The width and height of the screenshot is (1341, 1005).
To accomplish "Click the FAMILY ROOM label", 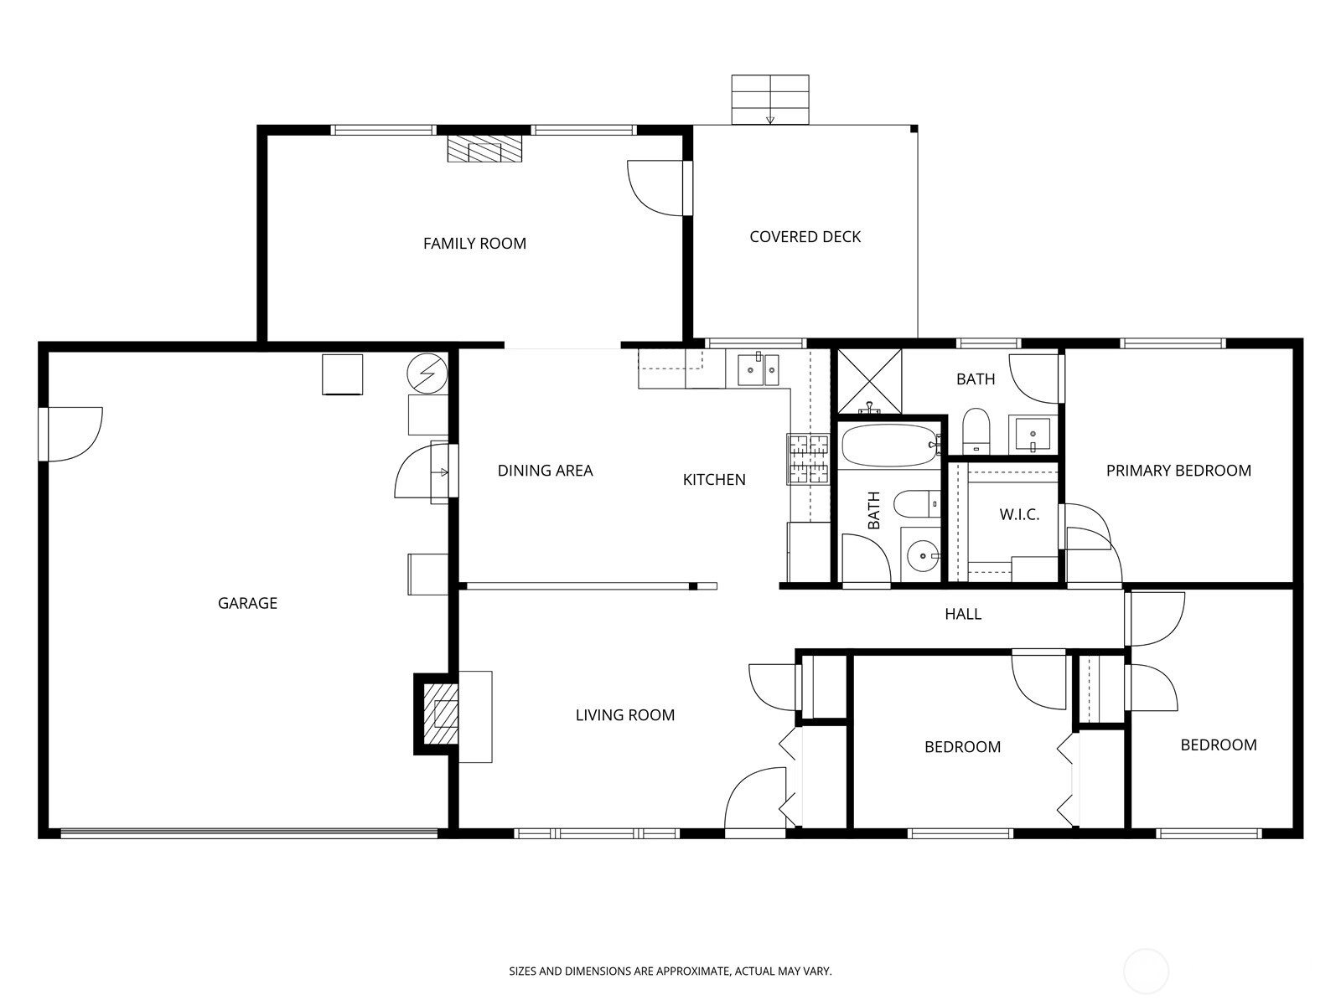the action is (x=474, y=244).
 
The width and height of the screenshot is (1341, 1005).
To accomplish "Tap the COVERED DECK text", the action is (x=805, y=237).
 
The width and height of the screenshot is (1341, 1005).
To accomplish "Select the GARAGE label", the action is (x=247, y=603).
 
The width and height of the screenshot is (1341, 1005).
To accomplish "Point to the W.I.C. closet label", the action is (x=1019, y=514).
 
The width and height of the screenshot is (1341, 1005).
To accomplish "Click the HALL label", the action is (x=963, y=614).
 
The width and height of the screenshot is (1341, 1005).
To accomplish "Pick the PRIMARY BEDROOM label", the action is (x=1178, y=471).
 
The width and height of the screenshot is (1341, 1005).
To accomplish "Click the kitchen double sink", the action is (x=759, y=369).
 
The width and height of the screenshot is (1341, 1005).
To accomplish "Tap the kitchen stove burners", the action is (x=808, y=459).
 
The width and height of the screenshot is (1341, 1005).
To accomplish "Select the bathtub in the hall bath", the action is (x=890, y=446).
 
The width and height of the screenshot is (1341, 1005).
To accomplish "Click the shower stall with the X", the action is (x=869, y=381).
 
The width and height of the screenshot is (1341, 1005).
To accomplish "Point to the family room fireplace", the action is (x=484, y=148).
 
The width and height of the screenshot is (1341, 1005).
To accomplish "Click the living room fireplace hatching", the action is (x=441, y=714).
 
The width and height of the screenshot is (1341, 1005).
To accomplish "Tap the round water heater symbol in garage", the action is (x=427, y=373).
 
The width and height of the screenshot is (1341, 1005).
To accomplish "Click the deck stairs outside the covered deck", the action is (x=770, y=100).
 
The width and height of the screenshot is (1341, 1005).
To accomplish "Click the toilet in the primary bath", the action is (x=975, y=431).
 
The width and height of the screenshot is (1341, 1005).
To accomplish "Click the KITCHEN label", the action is (x=714, y=480).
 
